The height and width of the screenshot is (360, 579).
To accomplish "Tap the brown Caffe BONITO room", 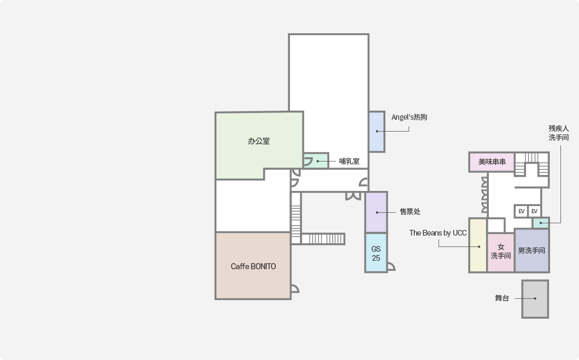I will click(253, 266).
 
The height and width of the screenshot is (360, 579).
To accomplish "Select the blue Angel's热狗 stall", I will click(377, 132).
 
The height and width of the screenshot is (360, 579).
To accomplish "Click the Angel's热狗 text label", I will click(409, 117).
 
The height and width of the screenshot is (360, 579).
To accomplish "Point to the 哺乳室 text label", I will click(349, 161).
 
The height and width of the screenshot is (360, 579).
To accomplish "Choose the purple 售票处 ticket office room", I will click(376, 212).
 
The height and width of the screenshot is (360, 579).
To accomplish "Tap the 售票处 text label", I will click(410, 212).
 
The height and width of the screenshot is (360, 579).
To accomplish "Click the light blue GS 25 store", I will click(376, 253).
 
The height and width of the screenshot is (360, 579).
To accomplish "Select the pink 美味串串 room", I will click(492, 162).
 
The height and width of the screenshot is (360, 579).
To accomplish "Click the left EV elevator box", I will click(521, 211).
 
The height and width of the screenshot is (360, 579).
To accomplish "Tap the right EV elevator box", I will click(534, 211).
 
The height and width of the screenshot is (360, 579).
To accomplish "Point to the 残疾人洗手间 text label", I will click(559, 133).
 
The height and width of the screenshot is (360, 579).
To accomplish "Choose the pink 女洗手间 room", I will click(501, 252).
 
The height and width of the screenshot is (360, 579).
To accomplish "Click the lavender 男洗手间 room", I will click(532, 251).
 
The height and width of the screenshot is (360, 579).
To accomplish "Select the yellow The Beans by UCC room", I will click(478, 246).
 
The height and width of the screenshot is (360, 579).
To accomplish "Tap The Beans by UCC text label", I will click(438, 233).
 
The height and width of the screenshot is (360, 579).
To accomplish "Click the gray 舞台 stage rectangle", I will click(535, 299).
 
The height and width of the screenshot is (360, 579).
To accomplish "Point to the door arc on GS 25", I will click(391, 266).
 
